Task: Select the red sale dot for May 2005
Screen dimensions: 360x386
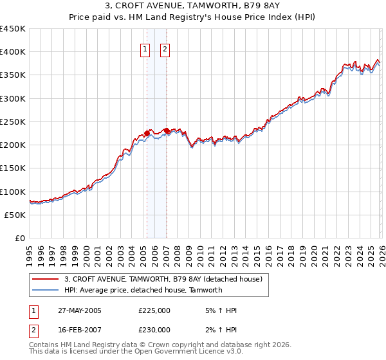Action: click(147, 134)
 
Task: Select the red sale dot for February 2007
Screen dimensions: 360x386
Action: click(167, 131)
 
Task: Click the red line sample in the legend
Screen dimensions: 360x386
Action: click(46, 280)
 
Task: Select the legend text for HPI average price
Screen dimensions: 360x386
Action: click(143, 290)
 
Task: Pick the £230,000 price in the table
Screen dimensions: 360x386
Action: click(154, 330)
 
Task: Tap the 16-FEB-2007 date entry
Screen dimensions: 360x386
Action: click(78, 330)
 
